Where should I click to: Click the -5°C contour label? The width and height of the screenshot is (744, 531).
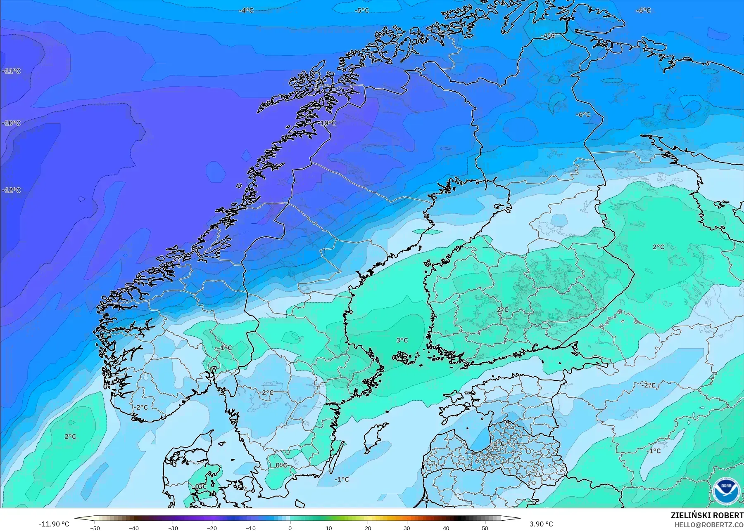point(362,10)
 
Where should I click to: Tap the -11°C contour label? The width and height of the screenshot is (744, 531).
point(11,71)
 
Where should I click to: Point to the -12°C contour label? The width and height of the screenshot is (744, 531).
point(11,190)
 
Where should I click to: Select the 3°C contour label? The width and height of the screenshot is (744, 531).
point(402,340)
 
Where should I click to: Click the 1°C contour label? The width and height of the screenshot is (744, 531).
point(226,348)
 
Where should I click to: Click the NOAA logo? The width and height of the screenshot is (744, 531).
point(725,491)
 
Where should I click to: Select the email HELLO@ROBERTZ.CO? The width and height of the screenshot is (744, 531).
point(709,525)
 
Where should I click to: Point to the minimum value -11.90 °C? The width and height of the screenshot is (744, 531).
point(54,524)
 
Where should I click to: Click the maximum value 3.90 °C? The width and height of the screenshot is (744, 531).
point(541,524)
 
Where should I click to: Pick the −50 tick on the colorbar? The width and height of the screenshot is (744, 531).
point(95,528)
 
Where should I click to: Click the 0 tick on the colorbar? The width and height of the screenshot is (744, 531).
point(290,528)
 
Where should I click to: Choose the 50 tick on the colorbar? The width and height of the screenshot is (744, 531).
point(485,528)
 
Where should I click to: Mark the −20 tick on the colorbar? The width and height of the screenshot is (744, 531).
point(212,528)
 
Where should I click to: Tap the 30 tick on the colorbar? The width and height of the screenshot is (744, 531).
point(407,528)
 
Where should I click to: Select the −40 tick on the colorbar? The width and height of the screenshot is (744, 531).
point(134,528)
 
